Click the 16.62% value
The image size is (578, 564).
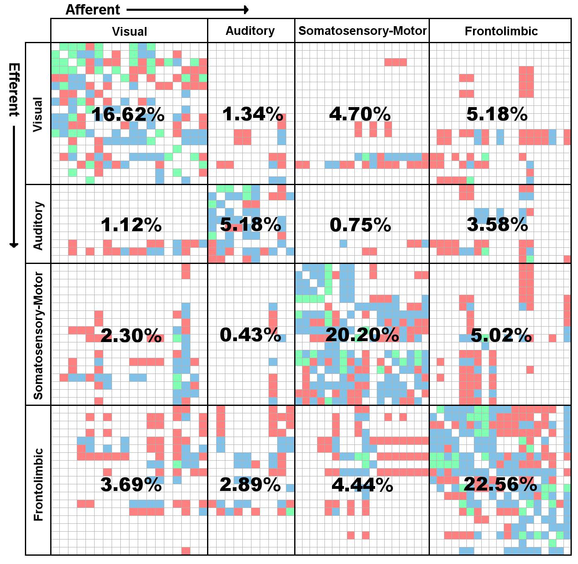click(x=128, y=115)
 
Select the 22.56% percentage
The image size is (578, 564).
click(x=500, y=484)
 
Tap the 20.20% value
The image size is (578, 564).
click(x=362, y=335)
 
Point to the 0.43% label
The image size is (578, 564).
click(x=250, y=335)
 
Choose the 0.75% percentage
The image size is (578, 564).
click(x=360, y=225)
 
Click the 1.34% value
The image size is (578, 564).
click(x=253, y=115)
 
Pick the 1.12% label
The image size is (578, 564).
click(x=131, y=225)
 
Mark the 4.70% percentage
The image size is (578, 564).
click(x=360, y=114)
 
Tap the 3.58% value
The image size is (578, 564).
click(x=497, y=225)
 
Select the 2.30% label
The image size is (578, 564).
click(x=131, y=335)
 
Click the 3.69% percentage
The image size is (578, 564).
click(x=131, y=484)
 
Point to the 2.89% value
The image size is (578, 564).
click(x=250, y=484)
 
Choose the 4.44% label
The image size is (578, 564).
click(x=362, y=484)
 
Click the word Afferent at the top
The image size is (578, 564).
click(x=93, y=10)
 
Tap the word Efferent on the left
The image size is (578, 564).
click(x=14, y=90)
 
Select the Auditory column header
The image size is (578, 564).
click(x=250, y=31)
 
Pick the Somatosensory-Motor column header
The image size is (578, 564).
click(x=362, y=31)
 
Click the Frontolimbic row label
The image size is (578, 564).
click(x=38, y=484)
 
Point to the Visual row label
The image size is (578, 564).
click(x=38, y=115)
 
